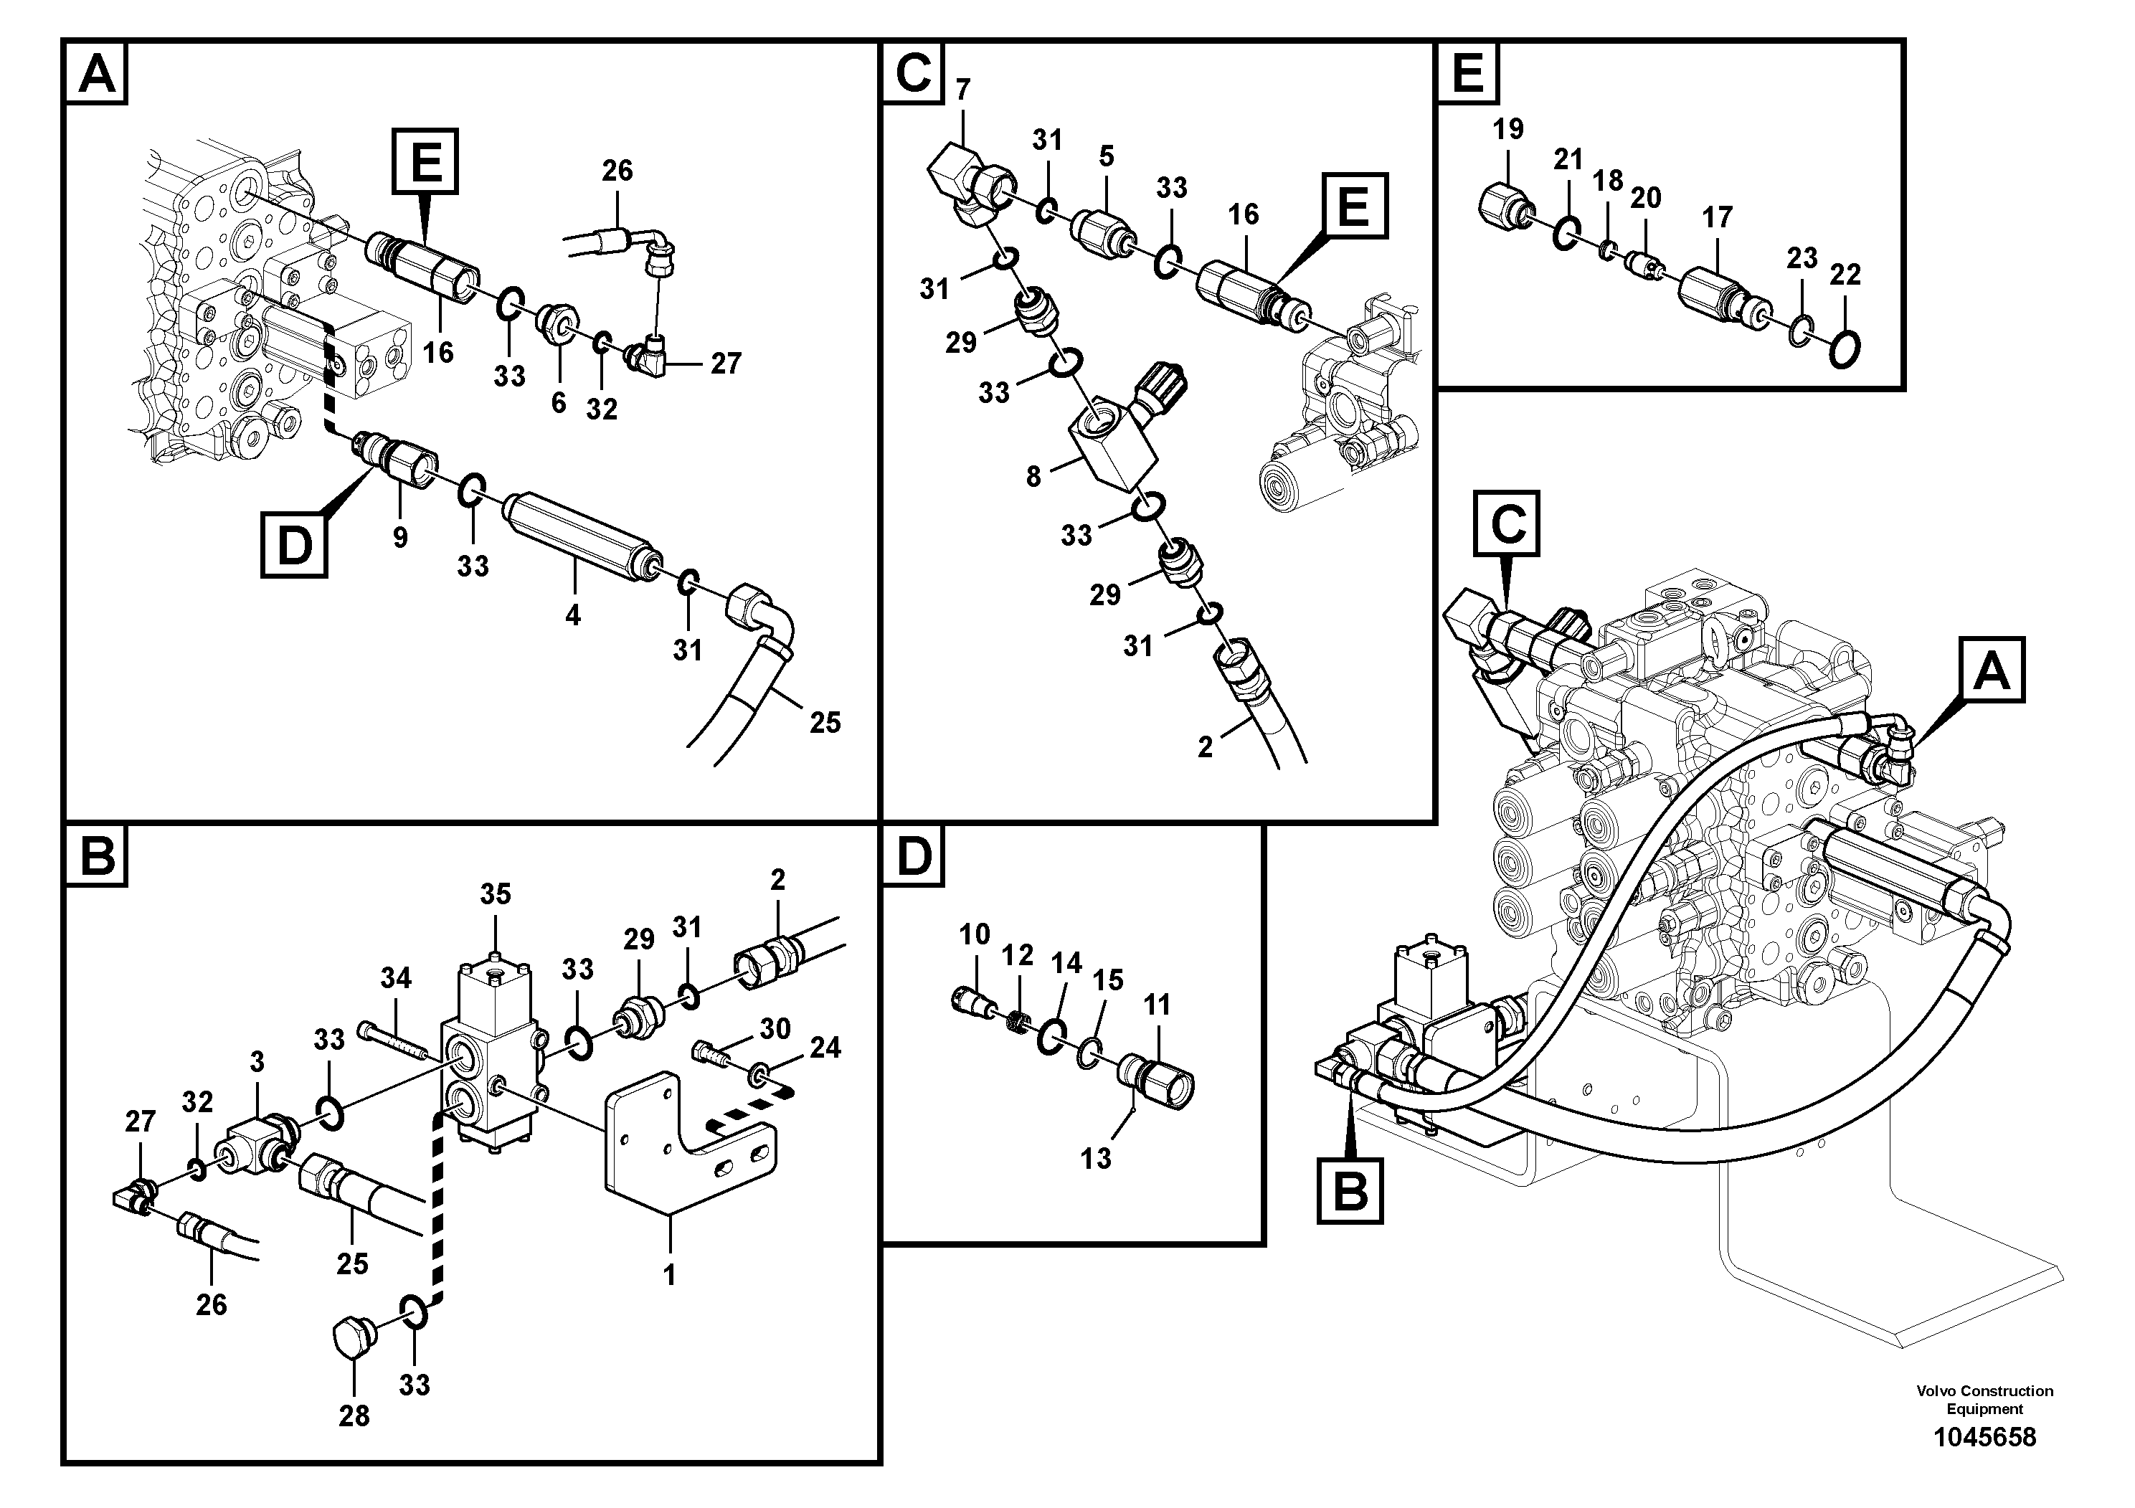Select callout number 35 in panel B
495,894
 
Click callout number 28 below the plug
354,1416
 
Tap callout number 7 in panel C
962,90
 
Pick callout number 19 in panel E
1507,129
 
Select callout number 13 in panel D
1095,1158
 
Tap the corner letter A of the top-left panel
97,73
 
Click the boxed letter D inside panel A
294,545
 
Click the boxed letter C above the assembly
1507,523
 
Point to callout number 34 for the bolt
395,978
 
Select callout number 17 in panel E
1717,217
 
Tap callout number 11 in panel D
1157,1005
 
